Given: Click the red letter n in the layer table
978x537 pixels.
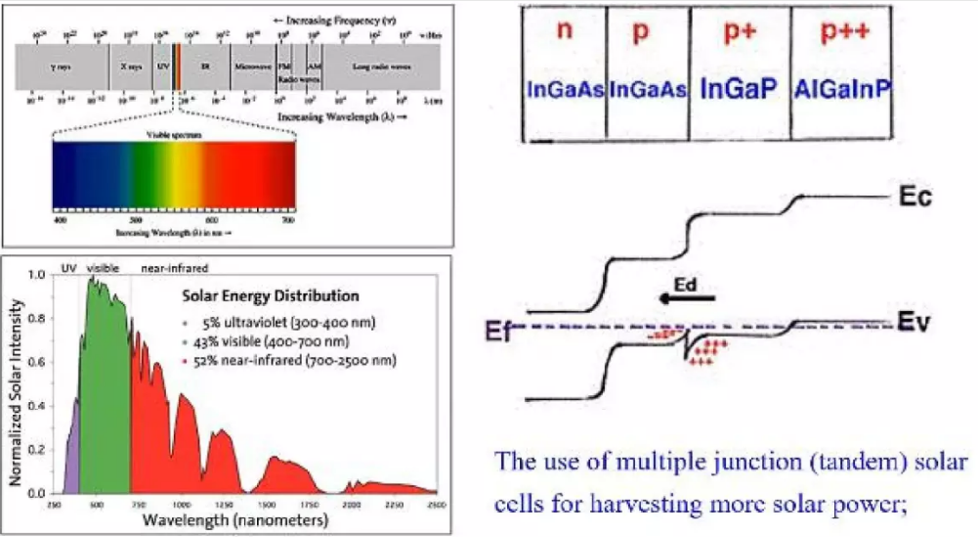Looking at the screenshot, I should (565, 30).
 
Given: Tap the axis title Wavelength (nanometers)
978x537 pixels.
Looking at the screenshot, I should (235, 520).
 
